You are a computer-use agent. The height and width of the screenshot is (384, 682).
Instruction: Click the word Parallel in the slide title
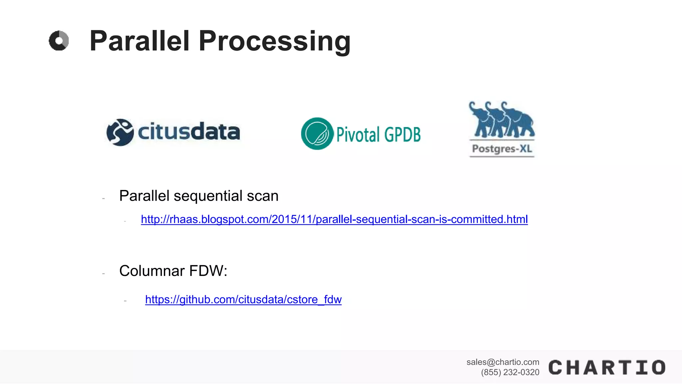[140, 41]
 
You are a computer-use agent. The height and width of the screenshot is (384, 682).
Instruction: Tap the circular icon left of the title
[59, 41]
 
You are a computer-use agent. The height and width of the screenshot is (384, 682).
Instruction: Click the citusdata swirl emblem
[120, 132]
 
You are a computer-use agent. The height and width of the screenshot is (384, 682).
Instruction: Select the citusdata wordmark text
[188, 131]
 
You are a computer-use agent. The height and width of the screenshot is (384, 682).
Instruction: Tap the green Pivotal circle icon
[317, 133]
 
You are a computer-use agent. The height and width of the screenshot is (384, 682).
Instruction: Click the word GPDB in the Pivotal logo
[402, 135]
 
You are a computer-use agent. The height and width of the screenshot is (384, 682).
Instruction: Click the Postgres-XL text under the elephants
[502, 149]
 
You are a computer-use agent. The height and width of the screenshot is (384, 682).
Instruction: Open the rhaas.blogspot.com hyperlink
[334, 219]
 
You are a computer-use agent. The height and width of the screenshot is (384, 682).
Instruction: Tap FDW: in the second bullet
[208, 271]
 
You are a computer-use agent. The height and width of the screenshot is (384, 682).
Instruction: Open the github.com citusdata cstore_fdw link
[243, 299]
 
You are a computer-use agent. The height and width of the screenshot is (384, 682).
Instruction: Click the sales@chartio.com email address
[503, 362]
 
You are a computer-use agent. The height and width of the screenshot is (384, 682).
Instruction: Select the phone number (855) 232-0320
[510, 372]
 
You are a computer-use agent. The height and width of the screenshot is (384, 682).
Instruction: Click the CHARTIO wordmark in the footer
[607, 368]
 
